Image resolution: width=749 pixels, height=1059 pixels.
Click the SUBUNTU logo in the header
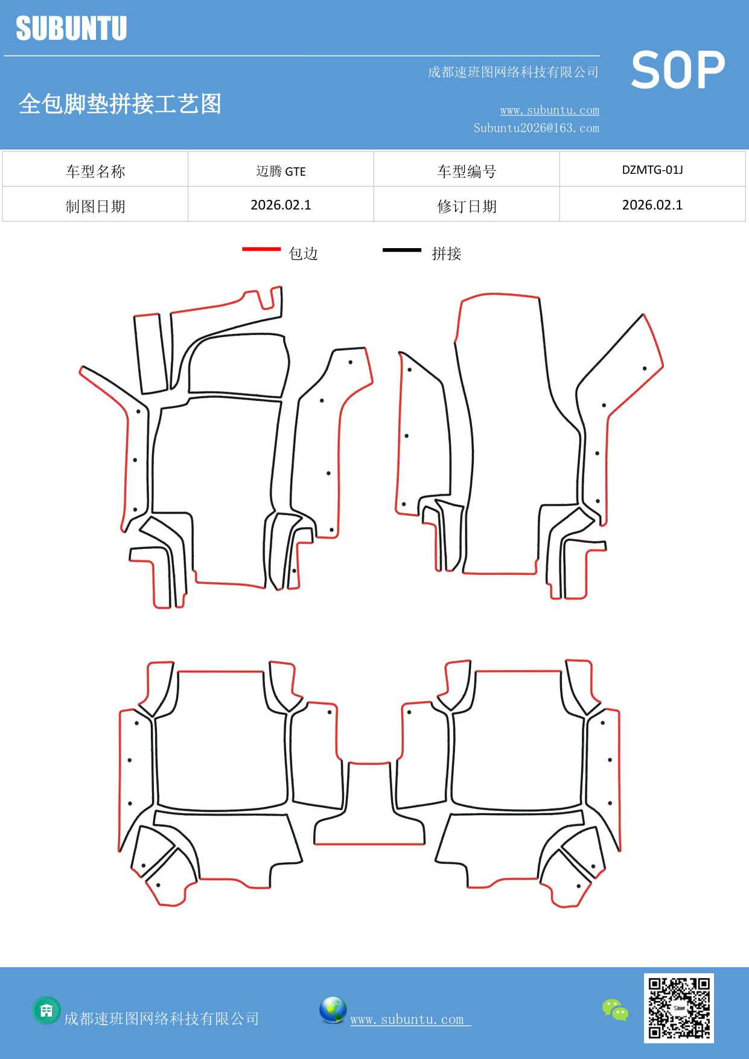click(x=71, y=28)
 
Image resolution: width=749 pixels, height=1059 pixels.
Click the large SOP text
click(x=678, y=71)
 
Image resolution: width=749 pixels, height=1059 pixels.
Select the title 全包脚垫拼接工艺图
click(x=120, y=104)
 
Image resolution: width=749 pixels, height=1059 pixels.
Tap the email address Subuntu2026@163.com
click(x=536, y=128)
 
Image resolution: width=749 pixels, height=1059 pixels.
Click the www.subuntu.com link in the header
click(x=549, y=110)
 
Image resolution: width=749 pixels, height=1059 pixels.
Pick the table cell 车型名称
click(x=95, y=171)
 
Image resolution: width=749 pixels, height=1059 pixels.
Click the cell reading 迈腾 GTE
click(x=281, y=171)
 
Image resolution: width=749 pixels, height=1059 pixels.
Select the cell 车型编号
click(x=467, y=171)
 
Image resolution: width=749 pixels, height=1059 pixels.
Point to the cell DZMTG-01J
click(x=652, y=170)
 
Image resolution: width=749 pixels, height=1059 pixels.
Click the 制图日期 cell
click(x=95, y=206)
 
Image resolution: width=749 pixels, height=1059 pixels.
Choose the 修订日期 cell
click(x=467, y=206)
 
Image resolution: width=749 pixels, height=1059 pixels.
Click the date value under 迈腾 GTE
click(x=281, y=205)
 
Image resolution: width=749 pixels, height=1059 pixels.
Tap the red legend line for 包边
click(x=261, y=249)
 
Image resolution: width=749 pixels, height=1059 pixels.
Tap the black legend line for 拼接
click(x=402, y=249)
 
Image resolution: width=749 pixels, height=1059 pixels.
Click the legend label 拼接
click(x=447, y=254)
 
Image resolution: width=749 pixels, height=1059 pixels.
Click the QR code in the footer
click(x=679, y=1008)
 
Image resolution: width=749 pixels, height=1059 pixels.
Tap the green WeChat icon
click(x=615, y=1009)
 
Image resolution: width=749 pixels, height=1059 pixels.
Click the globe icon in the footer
click(x=333, y=1010)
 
